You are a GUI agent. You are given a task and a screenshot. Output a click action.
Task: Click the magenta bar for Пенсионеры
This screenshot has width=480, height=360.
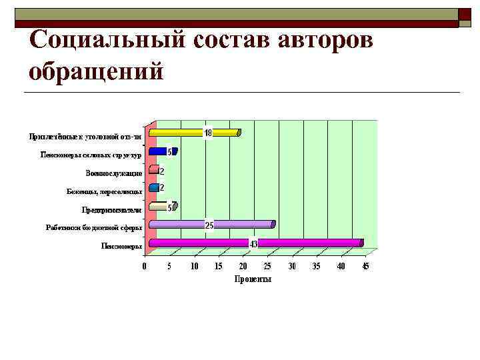click(307, 243)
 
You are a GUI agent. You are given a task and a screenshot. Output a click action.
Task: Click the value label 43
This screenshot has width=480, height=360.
click(254, 244)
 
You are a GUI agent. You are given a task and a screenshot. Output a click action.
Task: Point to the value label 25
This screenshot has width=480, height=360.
click(209, 226)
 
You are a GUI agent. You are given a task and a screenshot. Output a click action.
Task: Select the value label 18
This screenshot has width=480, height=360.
click(208, 133)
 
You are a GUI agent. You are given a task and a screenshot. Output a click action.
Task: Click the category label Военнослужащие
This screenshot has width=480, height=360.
click(113, 173)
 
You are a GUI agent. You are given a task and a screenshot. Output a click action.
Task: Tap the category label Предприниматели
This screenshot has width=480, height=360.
click(112, 209)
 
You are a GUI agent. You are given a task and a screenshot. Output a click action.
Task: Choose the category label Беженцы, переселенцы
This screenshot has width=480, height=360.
click(105, 191)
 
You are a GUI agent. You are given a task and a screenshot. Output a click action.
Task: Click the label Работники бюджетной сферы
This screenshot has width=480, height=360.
click(94, 227)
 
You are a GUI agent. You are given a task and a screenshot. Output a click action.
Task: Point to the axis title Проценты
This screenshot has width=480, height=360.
click(253, 279)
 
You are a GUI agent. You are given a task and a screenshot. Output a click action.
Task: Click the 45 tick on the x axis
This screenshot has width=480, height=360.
click(365, 267)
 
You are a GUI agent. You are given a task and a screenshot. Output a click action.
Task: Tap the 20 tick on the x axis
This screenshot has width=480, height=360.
click(243, 267)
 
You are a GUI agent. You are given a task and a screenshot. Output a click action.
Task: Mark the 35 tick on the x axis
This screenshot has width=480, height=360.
click(316, 267)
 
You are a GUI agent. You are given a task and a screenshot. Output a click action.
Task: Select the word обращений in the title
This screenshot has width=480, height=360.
click(96, 70)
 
